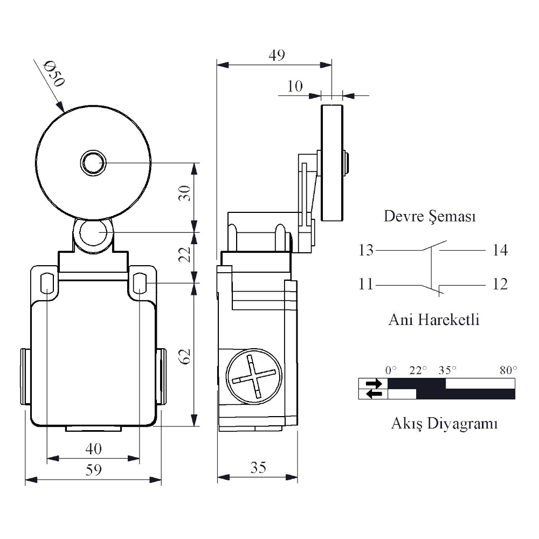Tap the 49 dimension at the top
click(277, 55)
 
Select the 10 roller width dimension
click(295, 86)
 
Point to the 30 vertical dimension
click(185, 193)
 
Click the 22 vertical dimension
click(185, 254)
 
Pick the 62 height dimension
click(185, 356)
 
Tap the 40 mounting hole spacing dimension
click(93, 448)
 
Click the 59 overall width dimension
click(93, 469)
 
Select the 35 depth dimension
click(258, 467)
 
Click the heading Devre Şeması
click(430, 216)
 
